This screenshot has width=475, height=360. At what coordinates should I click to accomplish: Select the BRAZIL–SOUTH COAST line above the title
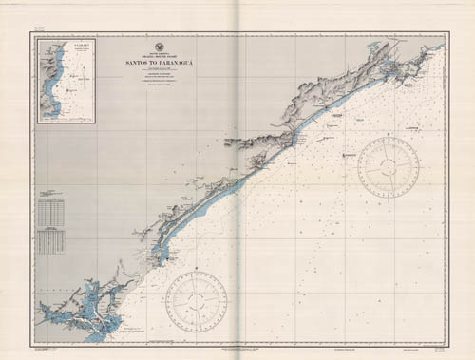(x=158, y=56)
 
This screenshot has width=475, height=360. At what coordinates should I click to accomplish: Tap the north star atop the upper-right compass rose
(x=389, y=138)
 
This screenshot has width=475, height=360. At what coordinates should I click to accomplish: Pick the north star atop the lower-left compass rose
(x=196, y=271)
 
